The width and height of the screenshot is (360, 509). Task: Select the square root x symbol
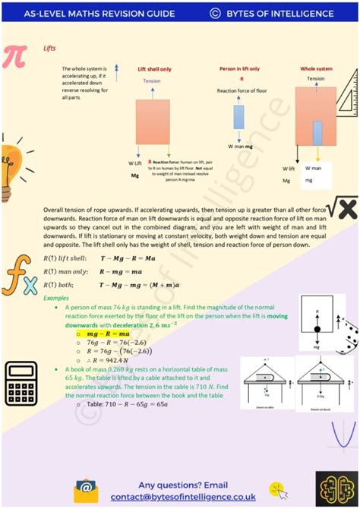point(341,206)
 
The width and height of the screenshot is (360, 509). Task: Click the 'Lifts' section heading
point(50,47)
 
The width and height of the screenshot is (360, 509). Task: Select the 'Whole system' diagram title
point(316,68)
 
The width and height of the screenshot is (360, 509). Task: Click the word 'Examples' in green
point(56,298)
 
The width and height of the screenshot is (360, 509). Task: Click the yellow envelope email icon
point(85,490)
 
